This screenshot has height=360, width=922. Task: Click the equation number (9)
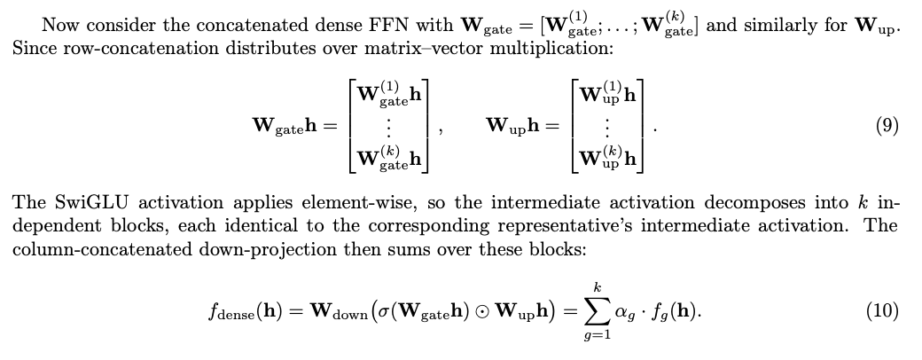(887, 126)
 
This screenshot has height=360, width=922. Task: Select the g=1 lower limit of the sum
(597, 337)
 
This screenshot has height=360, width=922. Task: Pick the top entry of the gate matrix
(388, 94)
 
